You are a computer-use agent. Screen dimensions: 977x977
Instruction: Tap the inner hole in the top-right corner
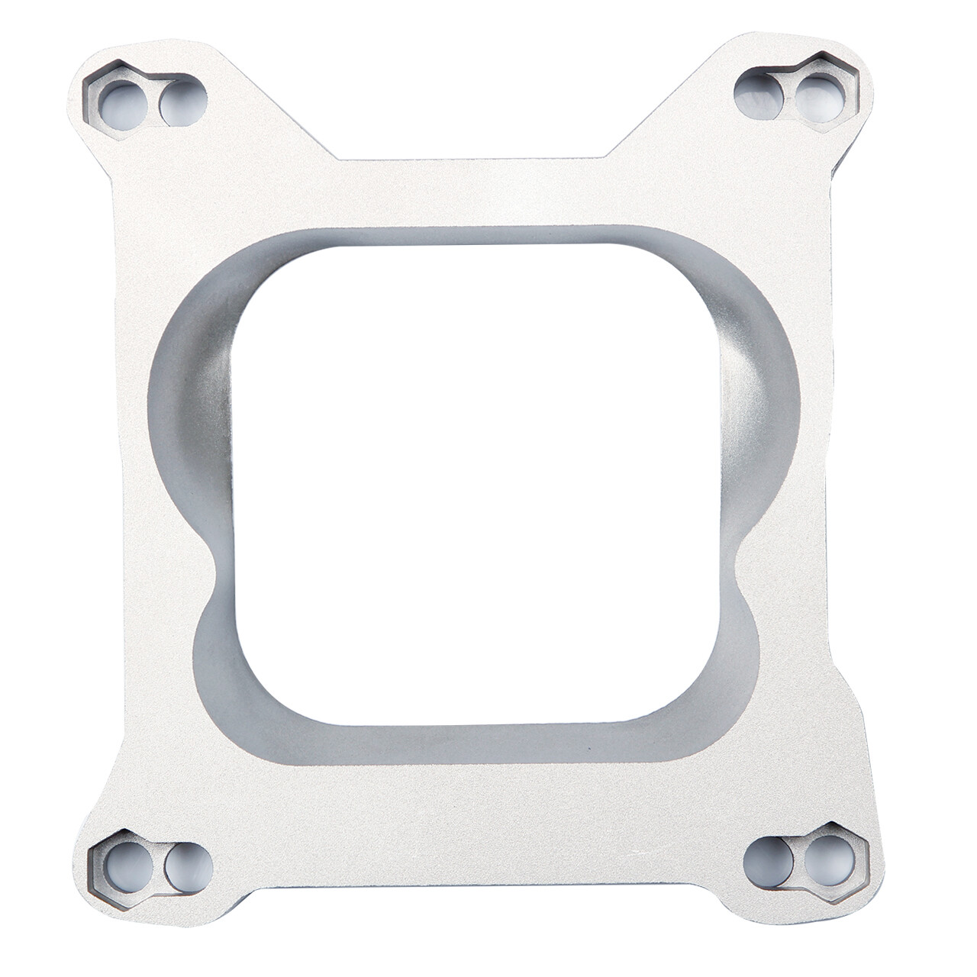click(x=757, y=89)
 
